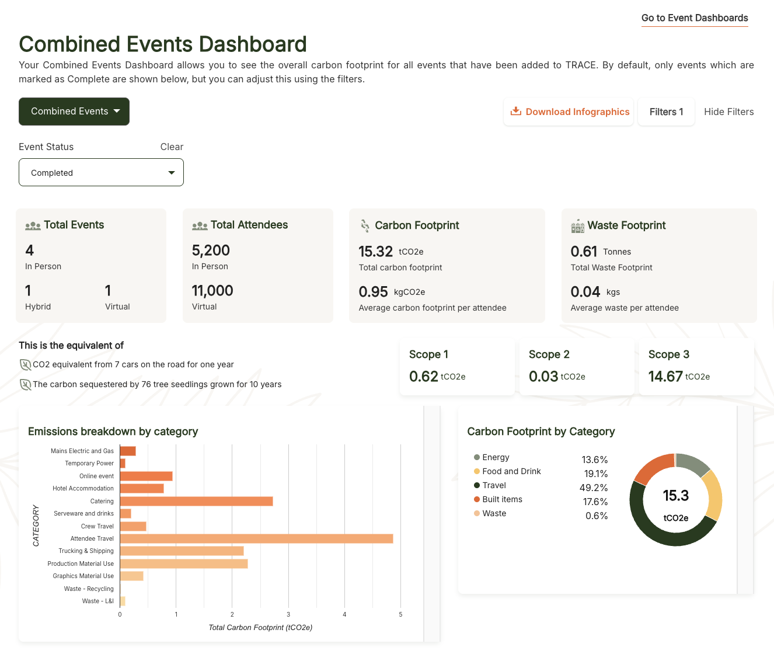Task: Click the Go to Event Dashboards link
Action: coord(695,18)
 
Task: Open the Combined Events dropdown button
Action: coord(74,112)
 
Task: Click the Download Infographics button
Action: coord(569,112)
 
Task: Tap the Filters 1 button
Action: coord(666,112)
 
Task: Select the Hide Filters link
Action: coord(728,112)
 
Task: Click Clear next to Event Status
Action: coord(172,147)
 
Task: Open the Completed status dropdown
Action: coord(101,173)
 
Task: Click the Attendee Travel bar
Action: coord(256,538)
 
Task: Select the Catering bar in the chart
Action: coord(196,501)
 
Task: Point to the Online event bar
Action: coord(146,476)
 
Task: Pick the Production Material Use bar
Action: coord(184,563)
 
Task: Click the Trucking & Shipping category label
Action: coord(86,551)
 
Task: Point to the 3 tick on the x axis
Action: coord(288,614)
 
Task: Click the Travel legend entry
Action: coord(494,485)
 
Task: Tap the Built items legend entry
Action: coord(502,499)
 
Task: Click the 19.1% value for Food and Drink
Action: coord(595,474)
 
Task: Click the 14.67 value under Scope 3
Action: coord(665,377)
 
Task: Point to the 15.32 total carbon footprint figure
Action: coord(375,252)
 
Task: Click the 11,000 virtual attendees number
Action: coord(212,291)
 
